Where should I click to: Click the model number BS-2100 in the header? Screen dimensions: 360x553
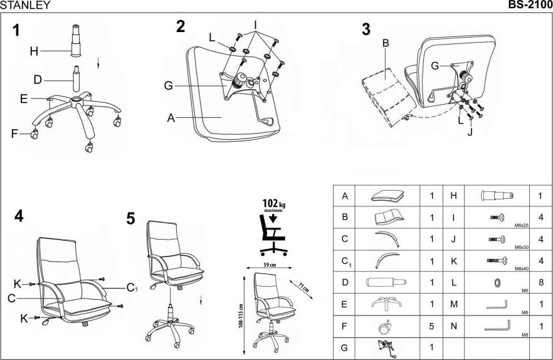pos(529,6)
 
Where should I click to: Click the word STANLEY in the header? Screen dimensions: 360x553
pos(26,6)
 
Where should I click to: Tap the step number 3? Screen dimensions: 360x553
pos(366,29)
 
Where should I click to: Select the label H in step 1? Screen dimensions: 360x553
pos(34,51)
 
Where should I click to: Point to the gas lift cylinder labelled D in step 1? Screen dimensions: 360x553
pos(76,78)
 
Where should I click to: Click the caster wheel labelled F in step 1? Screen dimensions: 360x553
pos(33,134)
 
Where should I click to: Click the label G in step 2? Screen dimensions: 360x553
pos(168,86)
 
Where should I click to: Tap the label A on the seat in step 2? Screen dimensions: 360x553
pos(171,117)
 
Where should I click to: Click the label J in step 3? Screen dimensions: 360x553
pos(469,132)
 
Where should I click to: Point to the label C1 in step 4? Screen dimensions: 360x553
pos(132,288)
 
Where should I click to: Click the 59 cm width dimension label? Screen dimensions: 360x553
pos(269,265)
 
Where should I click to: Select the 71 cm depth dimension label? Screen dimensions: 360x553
pos(303,288)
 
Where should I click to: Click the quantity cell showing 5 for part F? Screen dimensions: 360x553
pos(431,326)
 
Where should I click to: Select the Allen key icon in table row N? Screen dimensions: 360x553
pos(499,326)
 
